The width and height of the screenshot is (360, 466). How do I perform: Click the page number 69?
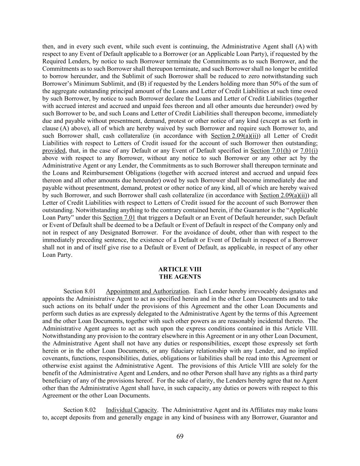click(x=180, y=436)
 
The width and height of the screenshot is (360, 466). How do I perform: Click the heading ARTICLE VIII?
click(x=180, y=269)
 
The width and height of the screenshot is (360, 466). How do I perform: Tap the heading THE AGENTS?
click(x=180, y=277)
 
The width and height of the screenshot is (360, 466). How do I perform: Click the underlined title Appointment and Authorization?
click(x=147, y=291)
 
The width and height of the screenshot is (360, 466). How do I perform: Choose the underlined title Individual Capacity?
click(x=131, y=410)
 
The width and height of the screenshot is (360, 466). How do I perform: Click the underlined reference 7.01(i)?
click(x=309, y=151)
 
